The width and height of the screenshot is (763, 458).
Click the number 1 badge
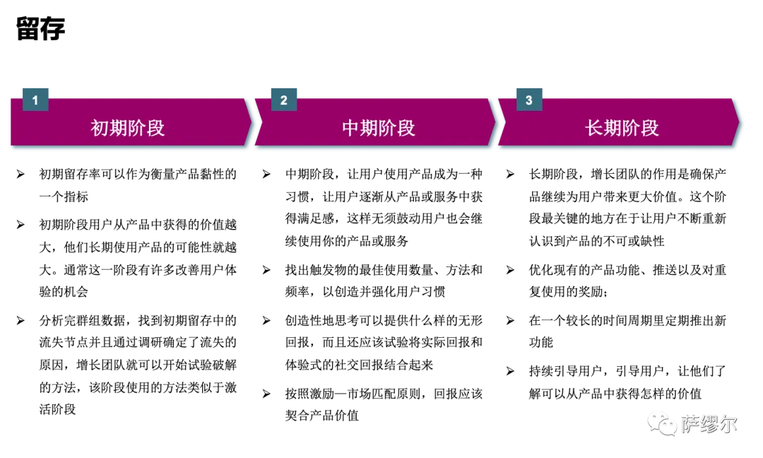pos(35,100)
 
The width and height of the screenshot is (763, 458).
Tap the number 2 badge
pos(284,100)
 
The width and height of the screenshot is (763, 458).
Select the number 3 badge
pos(529,100)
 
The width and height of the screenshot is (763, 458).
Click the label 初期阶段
pos(128,128)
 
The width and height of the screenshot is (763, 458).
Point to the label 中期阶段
pos(379,128)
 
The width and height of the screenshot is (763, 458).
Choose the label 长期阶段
pos(622,128)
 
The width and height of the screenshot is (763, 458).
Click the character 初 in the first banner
pos(100,128)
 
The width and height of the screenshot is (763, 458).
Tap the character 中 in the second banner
pos(351,128)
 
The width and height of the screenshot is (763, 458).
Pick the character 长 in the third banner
pos(595,128)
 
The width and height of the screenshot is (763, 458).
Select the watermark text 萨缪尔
pos(709,423)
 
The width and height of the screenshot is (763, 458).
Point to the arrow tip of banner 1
pos(252,124)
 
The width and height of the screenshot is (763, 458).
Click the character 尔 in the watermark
pos(728,423)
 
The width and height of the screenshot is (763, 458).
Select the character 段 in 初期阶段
pos(155,128)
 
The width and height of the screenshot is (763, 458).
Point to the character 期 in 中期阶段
pos(369,128)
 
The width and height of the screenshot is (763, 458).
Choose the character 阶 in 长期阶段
pos(632,128)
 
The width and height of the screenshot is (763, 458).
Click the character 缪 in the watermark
pos(709,423)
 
